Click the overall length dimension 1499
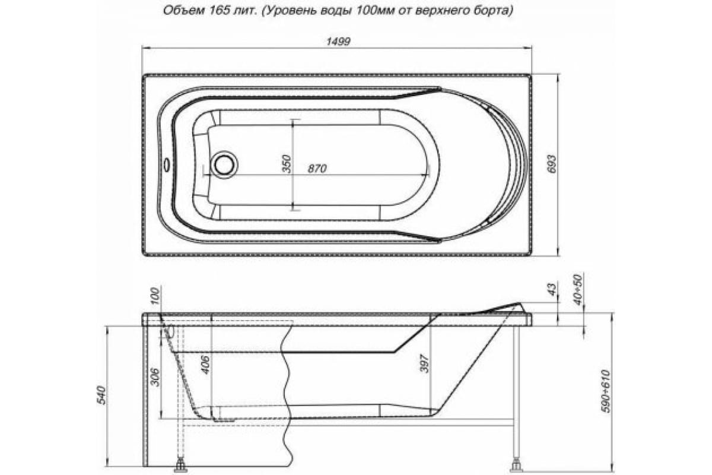coord(336,41)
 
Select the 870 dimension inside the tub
coord(317,169)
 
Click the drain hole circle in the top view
coord(225,163)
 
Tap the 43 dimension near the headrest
coord(551,290)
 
